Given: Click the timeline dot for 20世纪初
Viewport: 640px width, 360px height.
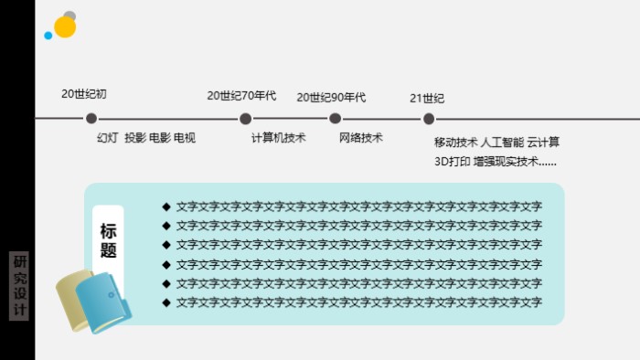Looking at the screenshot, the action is (91, 118).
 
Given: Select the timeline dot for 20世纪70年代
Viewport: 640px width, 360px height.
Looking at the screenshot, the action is (245, 118).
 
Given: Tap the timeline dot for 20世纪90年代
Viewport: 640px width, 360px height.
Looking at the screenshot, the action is (336, 118).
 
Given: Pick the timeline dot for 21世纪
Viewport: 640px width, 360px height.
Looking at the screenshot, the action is (429, 118).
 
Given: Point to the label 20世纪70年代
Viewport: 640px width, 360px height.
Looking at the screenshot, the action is (241, 95).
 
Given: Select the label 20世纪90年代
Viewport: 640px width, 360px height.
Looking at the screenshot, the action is (331, 97).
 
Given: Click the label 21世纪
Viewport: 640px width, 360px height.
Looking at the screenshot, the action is (427, 98).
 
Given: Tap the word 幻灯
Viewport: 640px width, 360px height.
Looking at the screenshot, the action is (107, 138).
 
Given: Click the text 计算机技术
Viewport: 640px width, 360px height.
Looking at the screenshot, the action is (278, 138).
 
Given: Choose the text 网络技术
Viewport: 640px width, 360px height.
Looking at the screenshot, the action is (361, 138).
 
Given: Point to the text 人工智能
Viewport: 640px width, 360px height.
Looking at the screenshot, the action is (502, 143).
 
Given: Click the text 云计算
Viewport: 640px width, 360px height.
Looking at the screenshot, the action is (543, 143).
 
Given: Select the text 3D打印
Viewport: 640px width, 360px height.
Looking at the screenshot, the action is (453, 162).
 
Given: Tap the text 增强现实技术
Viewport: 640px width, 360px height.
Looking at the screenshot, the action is (508, 162).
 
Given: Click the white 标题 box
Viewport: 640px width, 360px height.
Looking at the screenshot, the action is (108, 239).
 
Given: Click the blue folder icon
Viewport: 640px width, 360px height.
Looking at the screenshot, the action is (103, 302).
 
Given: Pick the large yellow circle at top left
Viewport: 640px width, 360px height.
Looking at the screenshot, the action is (65, 27).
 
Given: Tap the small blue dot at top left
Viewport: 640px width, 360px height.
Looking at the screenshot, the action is (48, 36).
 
